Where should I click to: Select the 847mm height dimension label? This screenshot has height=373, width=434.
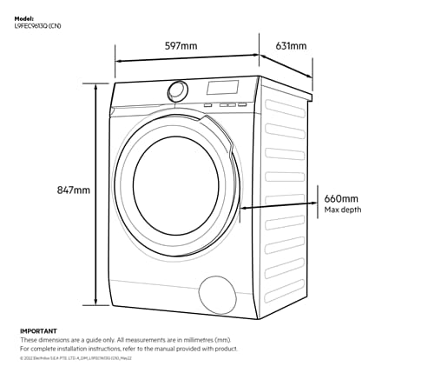pos(73,190)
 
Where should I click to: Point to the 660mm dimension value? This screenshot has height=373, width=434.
pos(341,198)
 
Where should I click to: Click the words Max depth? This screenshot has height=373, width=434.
pos(343,210)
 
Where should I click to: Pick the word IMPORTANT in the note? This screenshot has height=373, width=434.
pos(38,331)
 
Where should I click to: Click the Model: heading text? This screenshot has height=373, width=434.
pos(24,17)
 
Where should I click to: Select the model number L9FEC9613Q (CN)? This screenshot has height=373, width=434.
pos(36,25)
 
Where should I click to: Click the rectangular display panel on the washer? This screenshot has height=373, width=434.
pos(221,88)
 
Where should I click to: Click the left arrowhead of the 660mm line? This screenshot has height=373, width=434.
pos(244,208)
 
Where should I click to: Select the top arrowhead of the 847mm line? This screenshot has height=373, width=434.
pos(96,85)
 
